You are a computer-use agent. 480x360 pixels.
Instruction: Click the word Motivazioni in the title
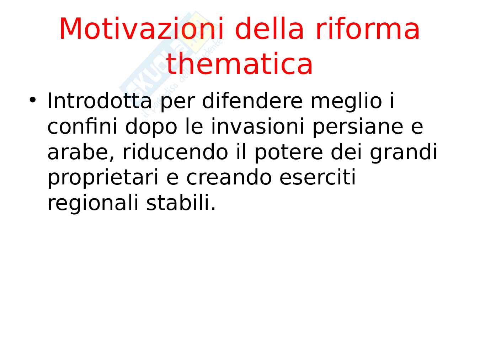point(142,29)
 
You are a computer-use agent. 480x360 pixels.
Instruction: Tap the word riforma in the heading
point(367,29)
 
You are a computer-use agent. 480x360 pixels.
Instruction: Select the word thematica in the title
point(239,64)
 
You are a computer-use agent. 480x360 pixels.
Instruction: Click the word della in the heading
point(270,29)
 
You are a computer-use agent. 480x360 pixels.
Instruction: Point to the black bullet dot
point(33,100)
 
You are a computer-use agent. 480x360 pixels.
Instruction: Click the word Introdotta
point(100,101)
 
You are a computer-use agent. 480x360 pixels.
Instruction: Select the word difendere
point(252,101)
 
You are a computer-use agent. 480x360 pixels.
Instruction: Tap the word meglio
point(346,102)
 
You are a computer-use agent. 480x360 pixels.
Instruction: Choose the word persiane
point(358,128)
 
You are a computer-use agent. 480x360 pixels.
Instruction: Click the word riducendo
point(175,152)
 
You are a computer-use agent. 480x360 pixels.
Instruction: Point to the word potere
point(288,154)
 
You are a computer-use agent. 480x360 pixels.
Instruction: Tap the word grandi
point(403,154)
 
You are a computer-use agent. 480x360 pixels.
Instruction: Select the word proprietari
point(103,179)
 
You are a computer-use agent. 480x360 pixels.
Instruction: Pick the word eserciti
point(318,177)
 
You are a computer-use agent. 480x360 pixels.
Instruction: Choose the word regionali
point(93,204)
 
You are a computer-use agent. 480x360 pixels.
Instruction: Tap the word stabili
point(181,203)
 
